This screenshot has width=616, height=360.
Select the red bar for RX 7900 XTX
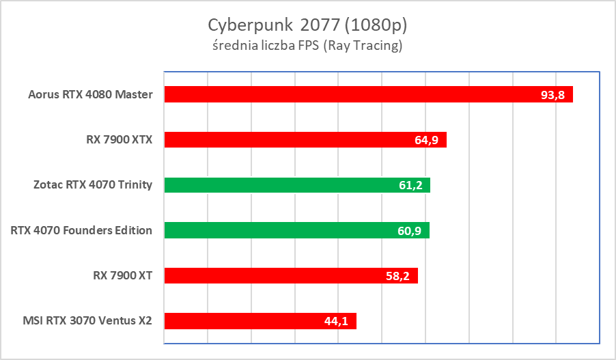click(287, 140)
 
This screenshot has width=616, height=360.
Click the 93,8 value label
click(552, 95)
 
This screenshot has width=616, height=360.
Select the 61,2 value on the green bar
click(410, 186)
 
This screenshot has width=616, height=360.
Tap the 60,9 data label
click(410, 231)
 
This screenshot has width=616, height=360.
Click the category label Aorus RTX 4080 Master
click(91, 94)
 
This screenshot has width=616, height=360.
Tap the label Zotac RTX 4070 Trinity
click(93, 185)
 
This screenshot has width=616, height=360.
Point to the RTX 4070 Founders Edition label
click(81, 230)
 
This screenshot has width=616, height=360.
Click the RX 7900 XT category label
click(122, 275)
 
